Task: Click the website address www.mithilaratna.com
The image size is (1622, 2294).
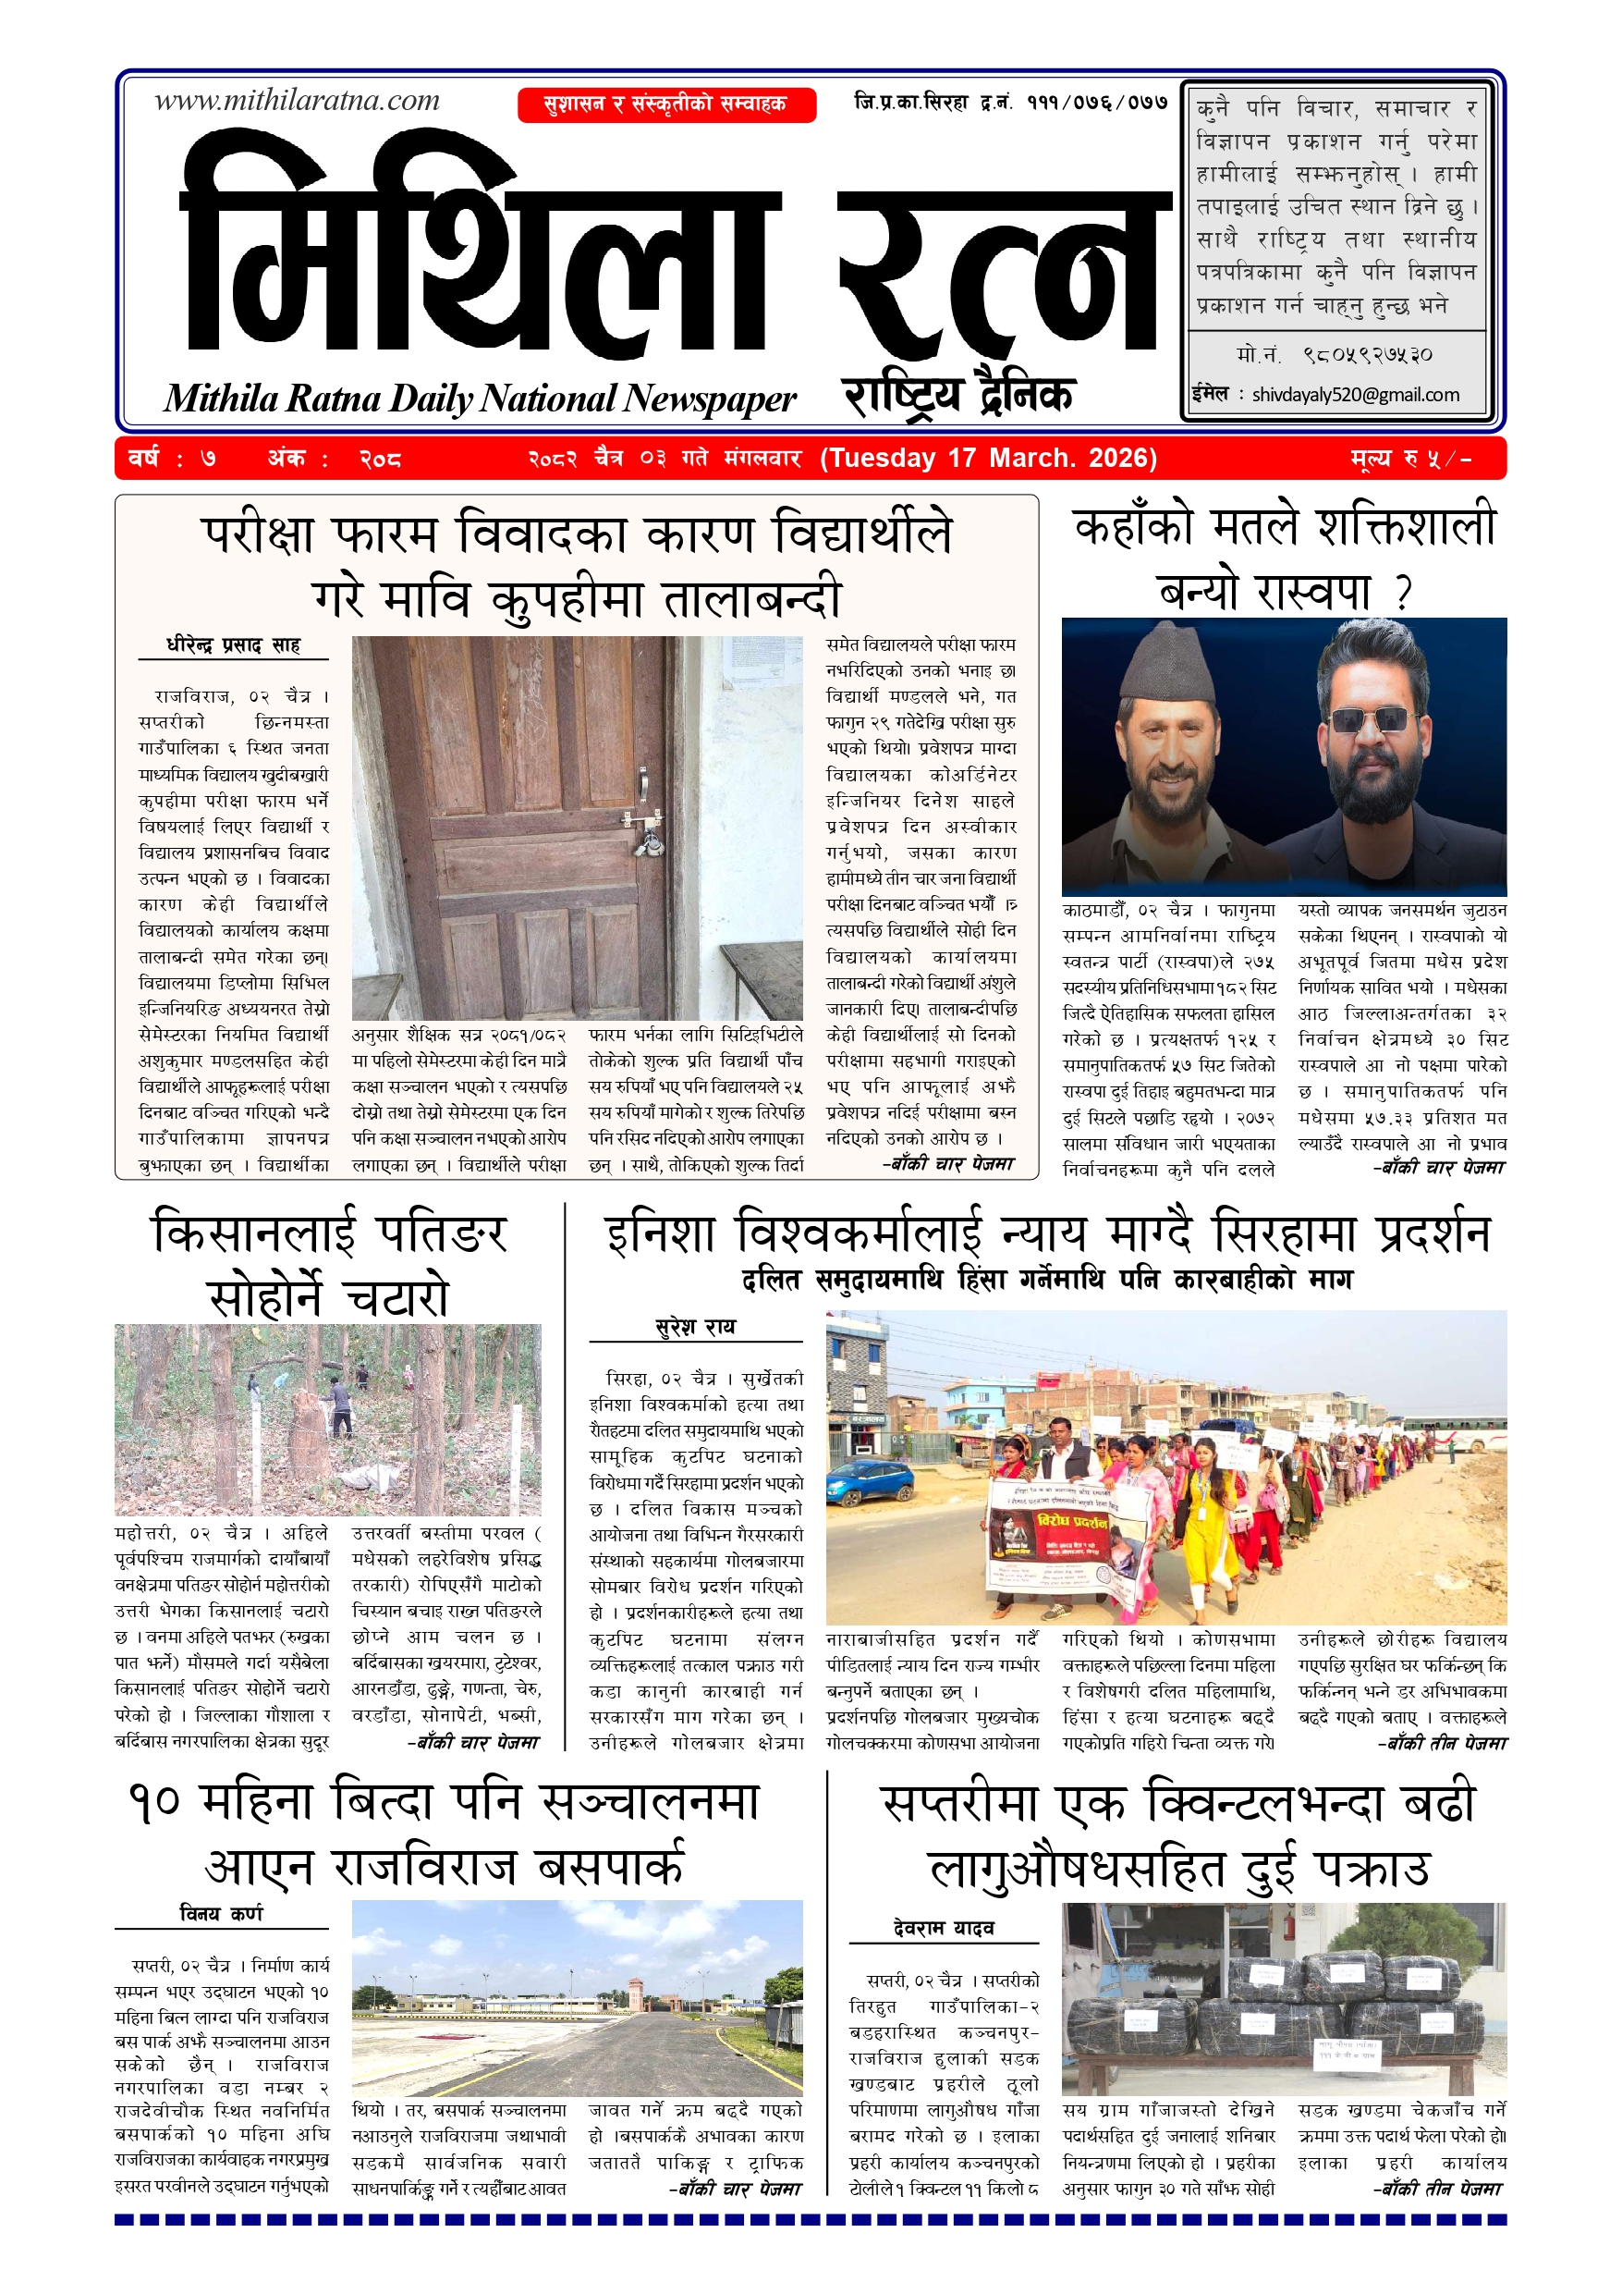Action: point(297,101)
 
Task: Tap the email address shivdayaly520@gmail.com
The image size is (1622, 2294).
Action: point(1355,395)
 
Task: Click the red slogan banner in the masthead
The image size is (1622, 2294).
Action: point(666,104)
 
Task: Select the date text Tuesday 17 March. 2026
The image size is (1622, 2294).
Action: point(989,459)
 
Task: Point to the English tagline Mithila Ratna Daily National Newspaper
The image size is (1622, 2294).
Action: point(480,399)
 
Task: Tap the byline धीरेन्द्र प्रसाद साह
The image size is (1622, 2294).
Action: point(233,645)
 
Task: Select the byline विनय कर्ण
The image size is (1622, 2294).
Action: point(221,1913)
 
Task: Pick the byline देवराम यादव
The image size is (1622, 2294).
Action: point(943,1929)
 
